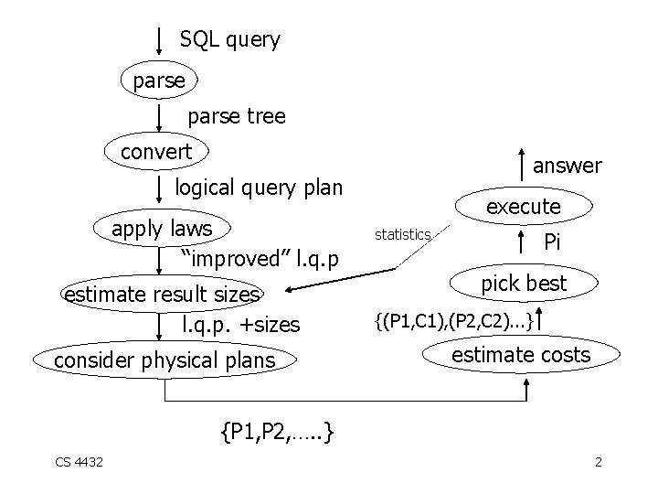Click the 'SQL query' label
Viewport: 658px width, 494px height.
(x=229, y=39)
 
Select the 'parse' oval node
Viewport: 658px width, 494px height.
(x=159, y=81)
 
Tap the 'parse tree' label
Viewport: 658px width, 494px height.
(x=236, y=116)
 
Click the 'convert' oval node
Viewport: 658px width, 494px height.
(x=157, y=151)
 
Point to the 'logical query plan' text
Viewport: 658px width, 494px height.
(x=259, y=188)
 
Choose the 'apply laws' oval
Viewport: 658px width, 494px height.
(x=162, y=227)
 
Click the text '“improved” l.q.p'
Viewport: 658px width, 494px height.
(x=260, y=259)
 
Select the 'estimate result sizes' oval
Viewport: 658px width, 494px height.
(x=162, y=294)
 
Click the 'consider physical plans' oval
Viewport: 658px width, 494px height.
(x=164, y=360)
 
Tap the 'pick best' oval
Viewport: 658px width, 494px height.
(x=524, y=284)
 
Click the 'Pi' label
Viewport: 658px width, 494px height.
(x=551, y=242)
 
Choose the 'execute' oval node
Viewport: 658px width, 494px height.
(x=523, y=207)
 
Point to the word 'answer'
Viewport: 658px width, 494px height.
(x=567, y=166)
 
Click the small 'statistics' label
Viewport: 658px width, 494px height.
(x=402, y=235)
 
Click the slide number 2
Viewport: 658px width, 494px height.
(x=598, y=462)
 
